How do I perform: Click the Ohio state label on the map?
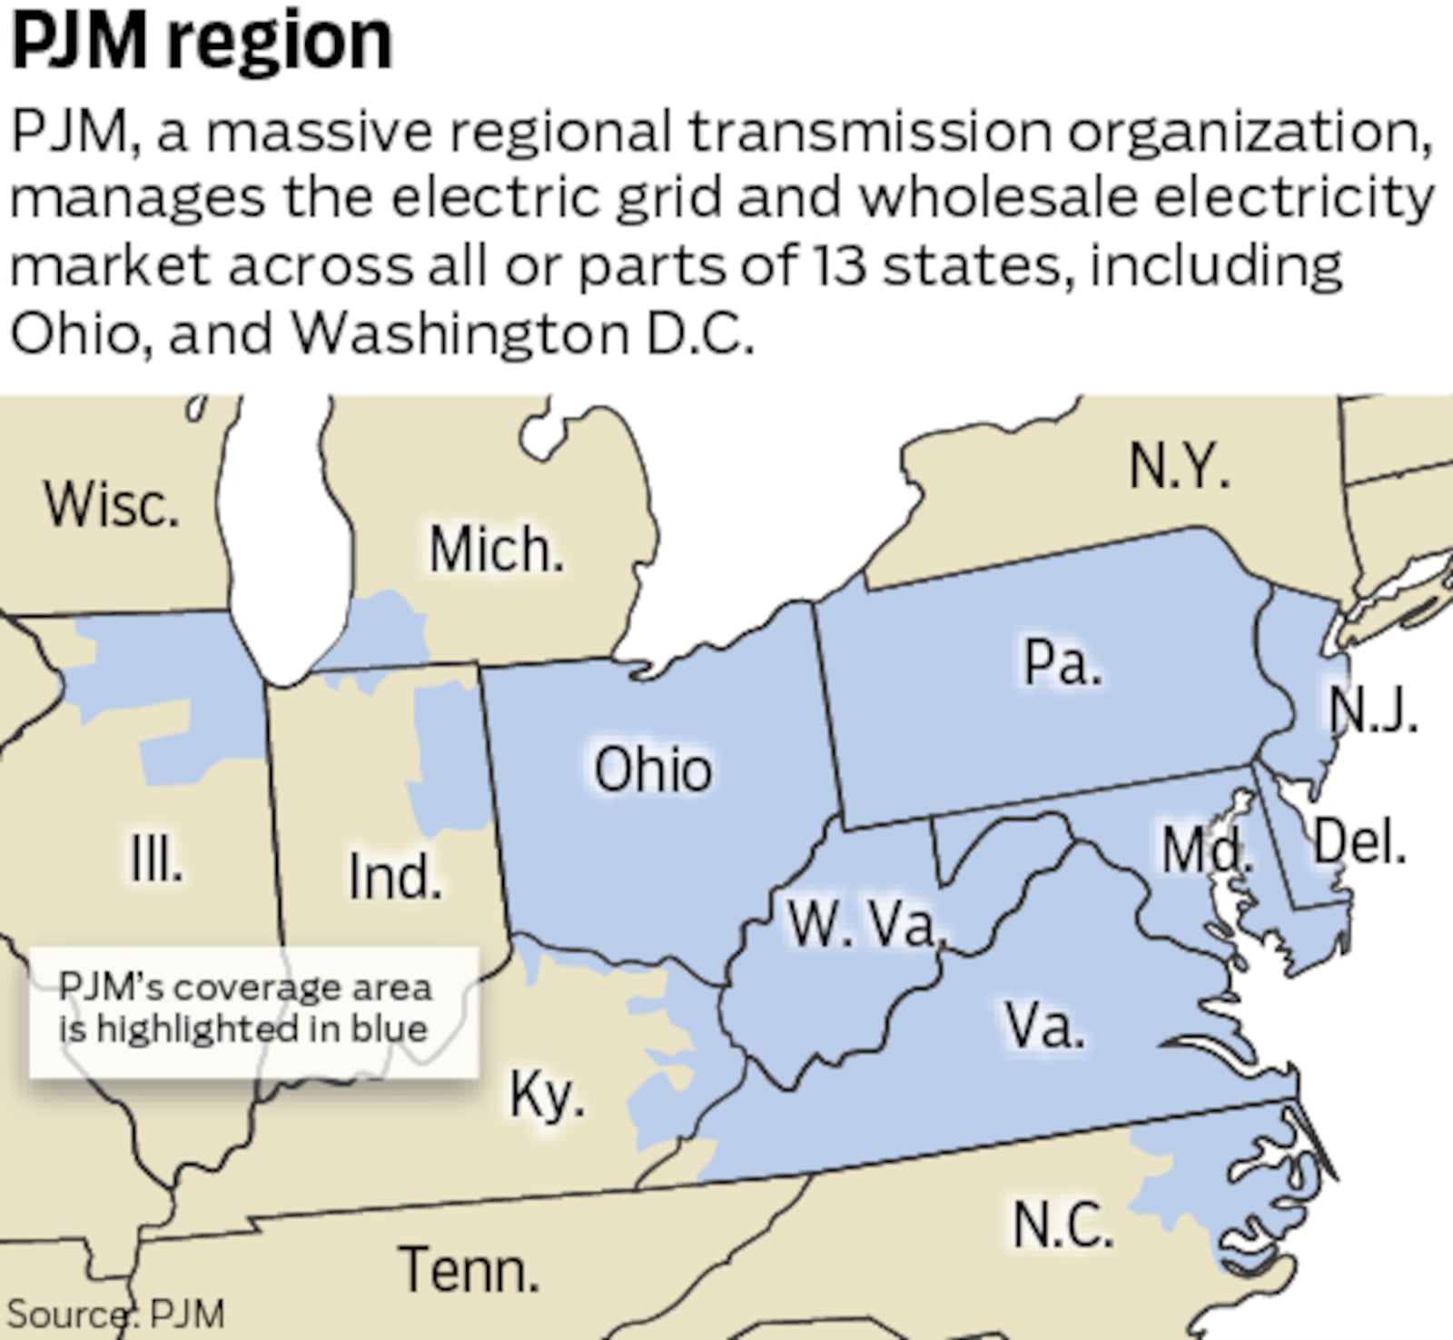[x=652, y=769]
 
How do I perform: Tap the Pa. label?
[x=1062, y=662]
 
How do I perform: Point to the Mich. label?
[x=496, y=550]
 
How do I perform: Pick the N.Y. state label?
[x=1179, y=467]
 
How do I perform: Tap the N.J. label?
[x=1372, y=710]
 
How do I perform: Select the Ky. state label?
[x=547, y=1096]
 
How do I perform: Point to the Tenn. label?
[x=469, y=1269]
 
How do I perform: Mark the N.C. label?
[x=1062, y=1224]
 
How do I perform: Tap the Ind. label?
[x=395, y=877]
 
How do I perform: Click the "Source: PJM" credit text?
[x=115, y=1314]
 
